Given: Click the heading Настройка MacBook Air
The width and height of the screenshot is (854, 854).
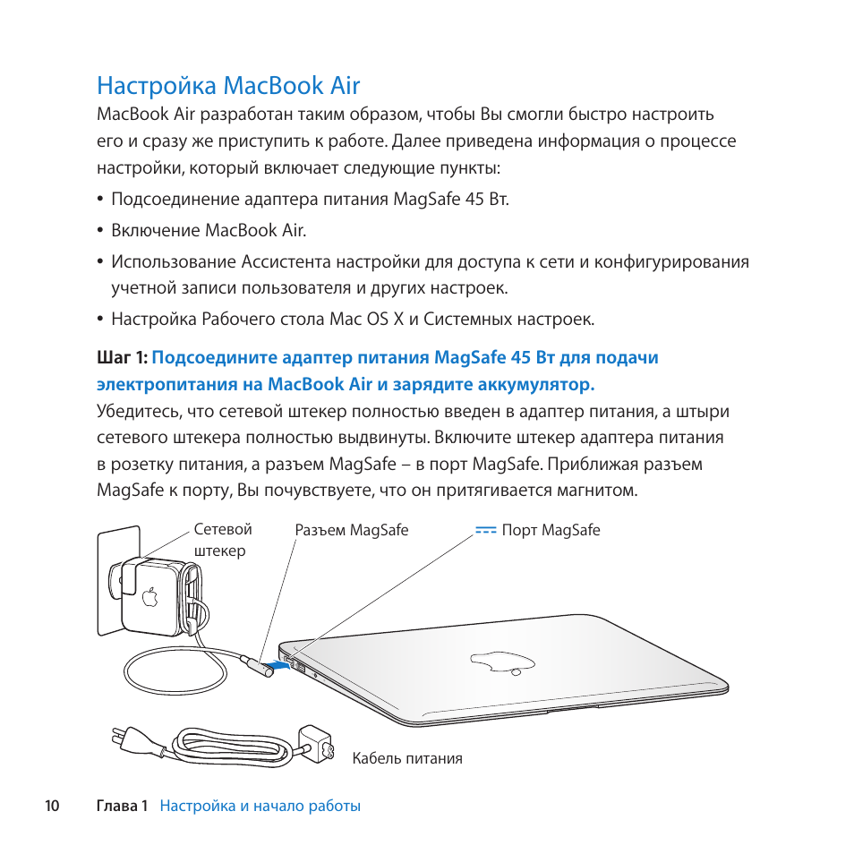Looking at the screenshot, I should tap(228, 86).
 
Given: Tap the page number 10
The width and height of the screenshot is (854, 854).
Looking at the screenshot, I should tap(52, 806).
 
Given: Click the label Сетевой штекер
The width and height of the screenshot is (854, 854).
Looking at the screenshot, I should tap(222, 540).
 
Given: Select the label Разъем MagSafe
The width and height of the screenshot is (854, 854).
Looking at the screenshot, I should tap(351, 530).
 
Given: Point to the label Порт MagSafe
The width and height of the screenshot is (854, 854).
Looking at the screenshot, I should tap(551, 530).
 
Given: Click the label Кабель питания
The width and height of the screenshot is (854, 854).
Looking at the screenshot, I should tap(406, 758).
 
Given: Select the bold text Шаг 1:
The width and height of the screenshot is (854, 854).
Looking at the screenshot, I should tap(122, 358).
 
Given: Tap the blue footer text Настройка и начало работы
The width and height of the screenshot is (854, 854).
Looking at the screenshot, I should tap(260, 806).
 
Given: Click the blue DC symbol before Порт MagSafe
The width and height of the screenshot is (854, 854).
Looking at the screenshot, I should tap(485, 530).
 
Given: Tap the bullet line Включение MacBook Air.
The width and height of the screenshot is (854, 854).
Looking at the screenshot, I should tap(209, 230).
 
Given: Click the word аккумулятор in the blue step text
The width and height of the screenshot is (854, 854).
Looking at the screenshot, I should tap(534, 385).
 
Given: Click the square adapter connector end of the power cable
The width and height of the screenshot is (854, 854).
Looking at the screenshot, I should tap(315, 742).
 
